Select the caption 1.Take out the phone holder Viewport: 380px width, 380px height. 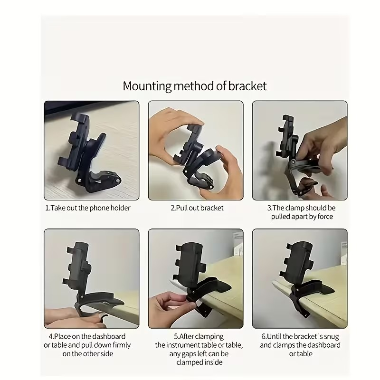88,208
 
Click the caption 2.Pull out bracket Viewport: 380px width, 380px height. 197,208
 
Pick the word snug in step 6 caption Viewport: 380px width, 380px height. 330,336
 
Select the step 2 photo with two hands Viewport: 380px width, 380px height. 196,151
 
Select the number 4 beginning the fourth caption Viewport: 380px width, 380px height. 50,336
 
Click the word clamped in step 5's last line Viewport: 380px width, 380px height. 185,362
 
